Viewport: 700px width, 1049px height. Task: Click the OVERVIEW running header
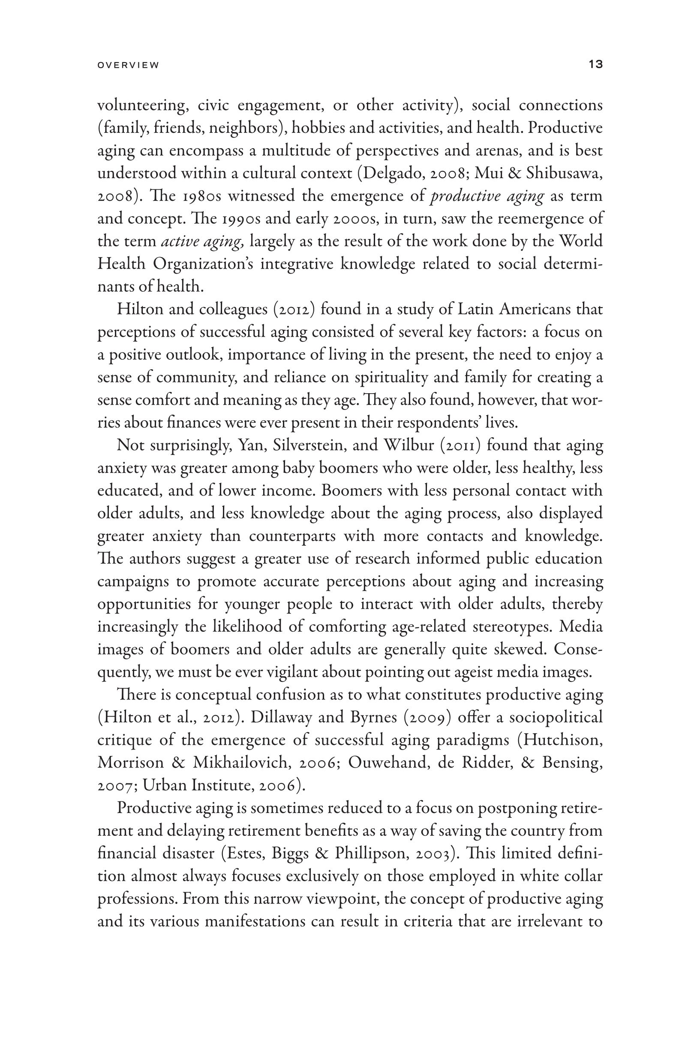[x=128, y=65]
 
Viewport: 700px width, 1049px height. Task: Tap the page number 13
[x=595, y=64]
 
